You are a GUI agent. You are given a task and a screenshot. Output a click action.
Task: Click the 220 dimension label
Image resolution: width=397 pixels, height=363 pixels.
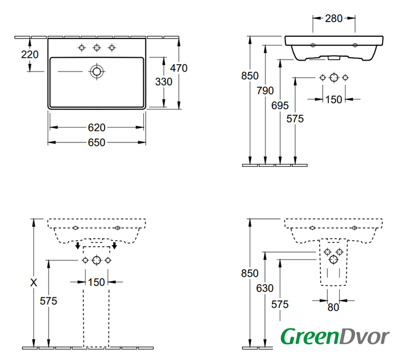(30, 54)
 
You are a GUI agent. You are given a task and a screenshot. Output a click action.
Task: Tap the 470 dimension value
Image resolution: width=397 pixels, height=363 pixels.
(179, 68)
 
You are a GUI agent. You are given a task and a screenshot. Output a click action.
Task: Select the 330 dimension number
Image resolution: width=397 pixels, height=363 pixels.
(164, 82)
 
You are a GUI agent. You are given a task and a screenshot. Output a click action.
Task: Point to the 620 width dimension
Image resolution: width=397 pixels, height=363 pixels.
(96, 128)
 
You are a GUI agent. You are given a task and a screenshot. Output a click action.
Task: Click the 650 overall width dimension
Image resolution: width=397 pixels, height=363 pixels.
(96, 142)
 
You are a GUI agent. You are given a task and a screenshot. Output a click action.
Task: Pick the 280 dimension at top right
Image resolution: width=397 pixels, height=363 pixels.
(334, 18)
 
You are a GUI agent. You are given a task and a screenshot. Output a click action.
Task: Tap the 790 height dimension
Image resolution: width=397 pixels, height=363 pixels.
(265, 91)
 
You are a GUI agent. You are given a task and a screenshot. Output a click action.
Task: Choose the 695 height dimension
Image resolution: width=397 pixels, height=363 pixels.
(280, 105)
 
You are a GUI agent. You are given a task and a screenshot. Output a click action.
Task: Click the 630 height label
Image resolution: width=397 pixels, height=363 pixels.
(265, 288)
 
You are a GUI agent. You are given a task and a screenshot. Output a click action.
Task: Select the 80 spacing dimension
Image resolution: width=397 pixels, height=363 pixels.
(333, 307)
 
